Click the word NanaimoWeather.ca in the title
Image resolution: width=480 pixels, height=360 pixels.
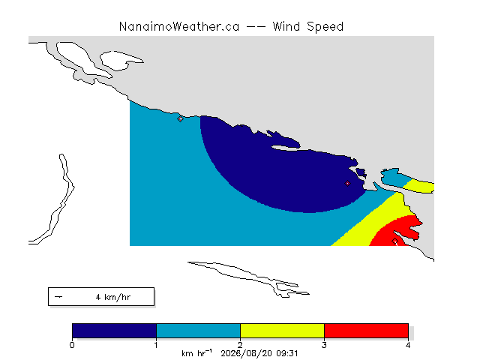tap(179, 27)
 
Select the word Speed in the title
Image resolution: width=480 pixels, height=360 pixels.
tap(325, 27)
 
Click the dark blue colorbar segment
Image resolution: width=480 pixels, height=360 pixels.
tap(114, 331)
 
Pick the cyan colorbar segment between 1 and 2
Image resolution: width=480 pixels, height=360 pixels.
tap(198, 331)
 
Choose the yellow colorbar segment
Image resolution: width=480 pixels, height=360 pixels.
tap(282, 331)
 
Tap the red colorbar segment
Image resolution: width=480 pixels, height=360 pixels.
tap(366, 331)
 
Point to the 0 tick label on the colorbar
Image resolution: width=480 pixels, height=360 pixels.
tap(72, 345)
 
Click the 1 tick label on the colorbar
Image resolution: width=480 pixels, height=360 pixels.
tap(156, 345)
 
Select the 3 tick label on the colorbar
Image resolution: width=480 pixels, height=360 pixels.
tap(324, 345)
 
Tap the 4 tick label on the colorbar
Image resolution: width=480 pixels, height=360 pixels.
tap(408, 345)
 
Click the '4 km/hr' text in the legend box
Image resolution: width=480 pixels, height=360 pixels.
tap(113, 297)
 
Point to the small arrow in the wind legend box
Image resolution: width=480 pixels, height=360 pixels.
tap(58, 297)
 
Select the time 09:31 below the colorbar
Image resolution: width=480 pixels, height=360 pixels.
tap(286, 353)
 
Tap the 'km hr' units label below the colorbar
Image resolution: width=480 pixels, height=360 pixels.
tap(196, 353)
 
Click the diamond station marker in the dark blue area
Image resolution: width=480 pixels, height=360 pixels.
tap(347, 183)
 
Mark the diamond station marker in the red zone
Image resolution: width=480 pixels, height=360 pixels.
tap(395, 241)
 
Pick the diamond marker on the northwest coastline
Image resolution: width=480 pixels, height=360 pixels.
tap(180, 118)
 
